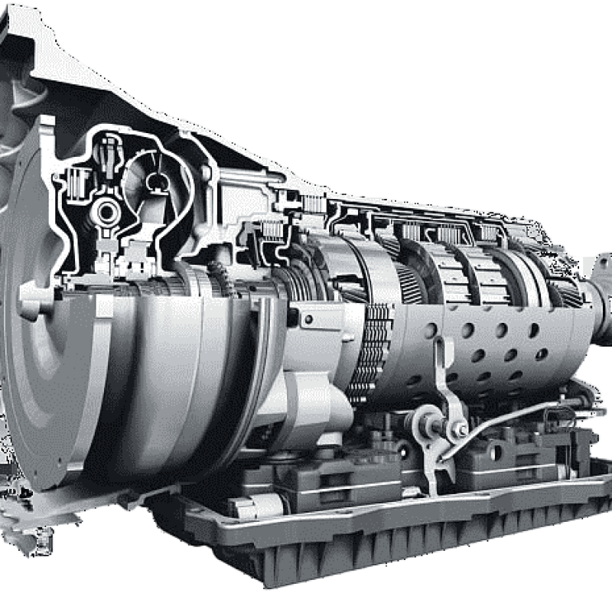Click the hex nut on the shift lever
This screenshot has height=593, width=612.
[461, 430]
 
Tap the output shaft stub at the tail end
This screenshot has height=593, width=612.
[600, 295]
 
